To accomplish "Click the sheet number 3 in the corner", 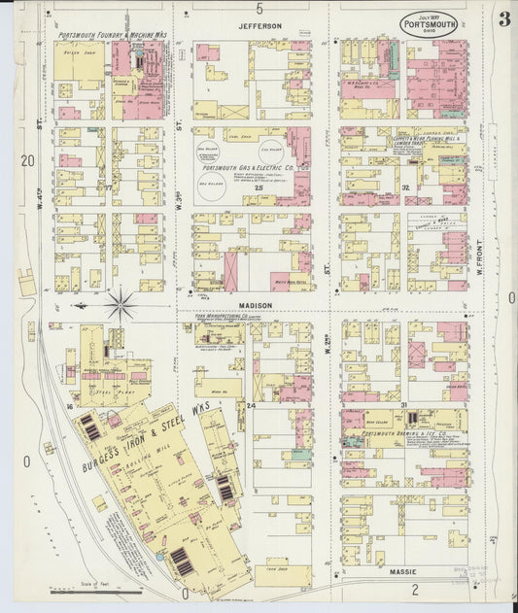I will (503, 20).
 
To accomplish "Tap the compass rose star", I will (121, 305).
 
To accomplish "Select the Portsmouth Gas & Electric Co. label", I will (249, 167).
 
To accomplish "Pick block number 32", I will (403, 187).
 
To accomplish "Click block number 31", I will (401, 402).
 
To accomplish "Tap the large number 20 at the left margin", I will (27, 160).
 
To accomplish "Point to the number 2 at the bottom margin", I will (415, 590).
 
